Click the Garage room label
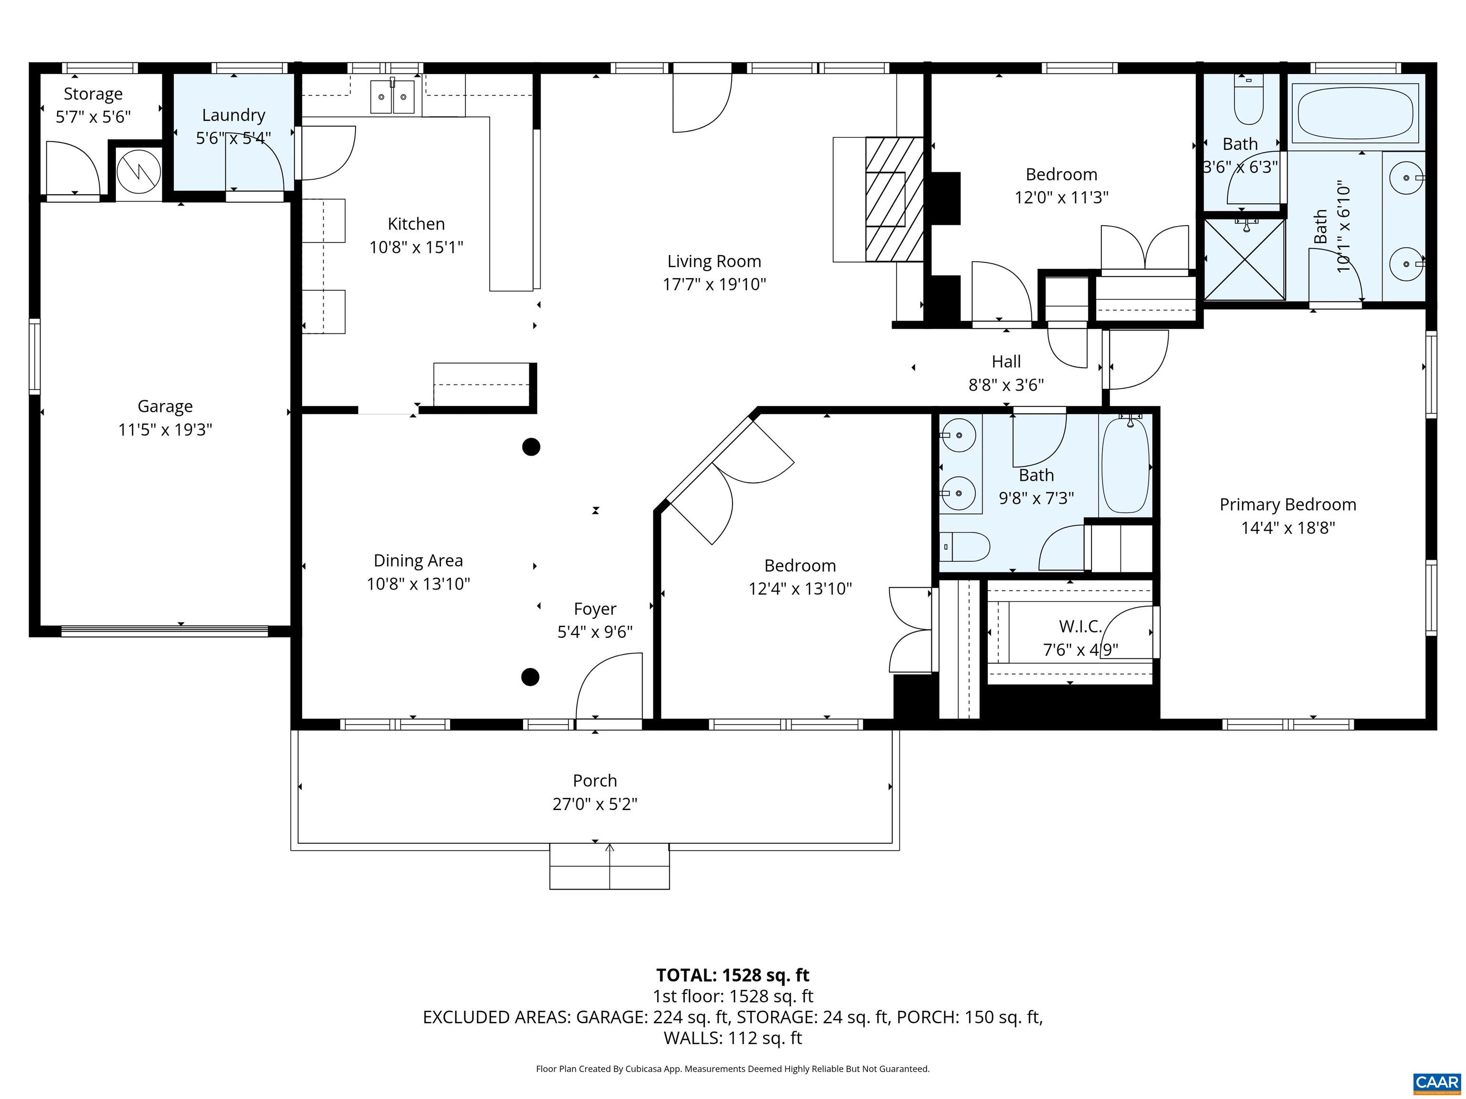point(165,406)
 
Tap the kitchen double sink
point(392,97)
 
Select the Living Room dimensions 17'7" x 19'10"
point(714,284)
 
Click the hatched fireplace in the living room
point(894,199)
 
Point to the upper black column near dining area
point(531,447)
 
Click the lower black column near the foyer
point(530,677)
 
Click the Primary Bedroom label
point(1287,505)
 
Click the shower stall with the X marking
point(1244,259)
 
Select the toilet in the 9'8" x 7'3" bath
point(965,547)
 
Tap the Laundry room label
point(233,115)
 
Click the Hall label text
point(1005,362)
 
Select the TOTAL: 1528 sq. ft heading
point(733,975)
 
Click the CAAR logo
point(1436,1082)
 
